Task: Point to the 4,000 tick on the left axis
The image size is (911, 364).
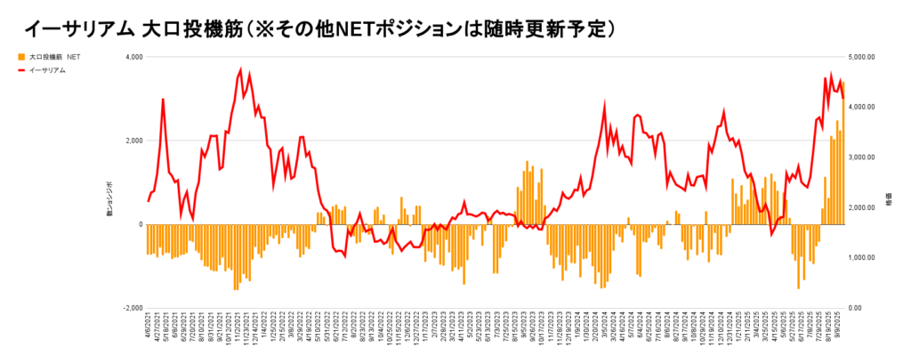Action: coord(133,57)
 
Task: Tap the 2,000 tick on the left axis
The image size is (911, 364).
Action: coord(133,141)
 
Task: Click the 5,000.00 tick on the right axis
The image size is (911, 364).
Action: coord(866,57)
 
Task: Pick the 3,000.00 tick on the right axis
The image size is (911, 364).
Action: coord(866,158)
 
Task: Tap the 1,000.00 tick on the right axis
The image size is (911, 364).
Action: coord(866,258)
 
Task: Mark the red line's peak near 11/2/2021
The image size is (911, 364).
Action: coord(240,69)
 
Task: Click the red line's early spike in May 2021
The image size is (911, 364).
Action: coord(163,99)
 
